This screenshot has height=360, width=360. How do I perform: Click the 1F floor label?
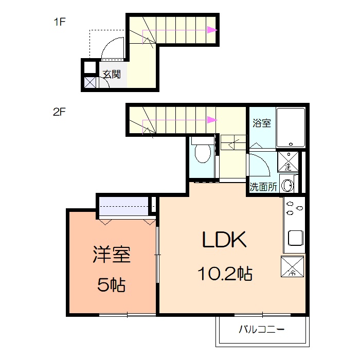[x=60, y=22]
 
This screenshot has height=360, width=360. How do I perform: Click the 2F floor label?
[x=60, y=112]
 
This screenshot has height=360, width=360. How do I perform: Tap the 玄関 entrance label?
[x=112, y=74]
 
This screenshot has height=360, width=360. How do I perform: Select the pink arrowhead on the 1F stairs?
[x=212, y=30]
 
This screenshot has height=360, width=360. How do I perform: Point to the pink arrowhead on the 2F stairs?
[x=212, y=120]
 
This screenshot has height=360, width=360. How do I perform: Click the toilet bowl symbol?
[x=203, y=153]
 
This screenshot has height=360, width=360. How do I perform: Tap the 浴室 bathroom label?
[x=262, y=123]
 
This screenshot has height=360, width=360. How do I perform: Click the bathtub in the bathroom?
[x=291, y=128]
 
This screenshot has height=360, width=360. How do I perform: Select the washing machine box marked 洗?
[x=288, y=161]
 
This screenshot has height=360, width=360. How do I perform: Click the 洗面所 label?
[x=263, y=187]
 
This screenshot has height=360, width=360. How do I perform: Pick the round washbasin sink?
[x=287, y=185]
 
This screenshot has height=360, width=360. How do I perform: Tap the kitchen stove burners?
[x=294, y=208]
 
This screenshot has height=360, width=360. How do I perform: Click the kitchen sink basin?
[x=296, y=238]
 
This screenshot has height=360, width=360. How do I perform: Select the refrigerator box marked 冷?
[x=292, y=266]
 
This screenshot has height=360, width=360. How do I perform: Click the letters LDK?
[x=224, y=240]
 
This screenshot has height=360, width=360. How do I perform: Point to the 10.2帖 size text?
[x=225, y=274]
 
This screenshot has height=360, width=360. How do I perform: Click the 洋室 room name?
[x=112, y=255]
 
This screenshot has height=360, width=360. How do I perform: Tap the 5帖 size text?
[x=112, y=285]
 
